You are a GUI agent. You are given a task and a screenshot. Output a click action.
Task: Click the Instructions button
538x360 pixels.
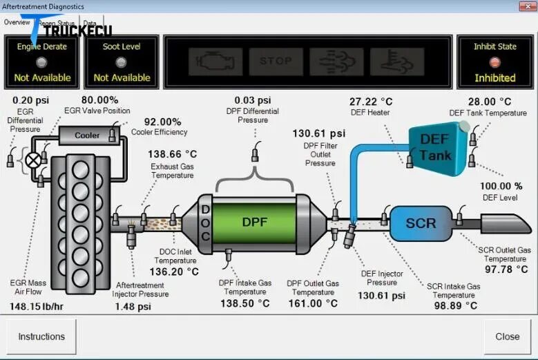41,337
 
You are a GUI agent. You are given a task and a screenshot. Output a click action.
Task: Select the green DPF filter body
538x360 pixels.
254,222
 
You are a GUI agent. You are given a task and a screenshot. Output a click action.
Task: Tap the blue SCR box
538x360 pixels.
421,223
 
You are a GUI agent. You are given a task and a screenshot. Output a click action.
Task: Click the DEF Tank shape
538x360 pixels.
435,146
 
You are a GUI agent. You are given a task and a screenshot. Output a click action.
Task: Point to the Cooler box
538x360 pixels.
87,135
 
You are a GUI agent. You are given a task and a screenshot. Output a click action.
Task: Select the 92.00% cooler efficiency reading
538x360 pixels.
162,122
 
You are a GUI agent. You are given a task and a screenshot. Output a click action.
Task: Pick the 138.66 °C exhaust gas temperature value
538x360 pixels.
173,154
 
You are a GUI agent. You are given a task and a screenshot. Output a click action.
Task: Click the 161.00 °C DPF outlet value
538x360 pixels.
313,303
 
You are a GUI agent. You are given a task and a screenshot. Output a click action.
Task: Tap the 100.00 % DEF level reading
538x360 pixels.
501,186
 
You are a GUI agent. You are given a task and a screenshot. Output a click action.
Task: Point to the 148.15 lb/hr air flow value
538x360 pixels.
37,306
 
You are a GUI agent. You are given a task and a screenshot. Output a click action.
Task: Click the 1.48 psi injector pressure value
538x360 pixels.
133,306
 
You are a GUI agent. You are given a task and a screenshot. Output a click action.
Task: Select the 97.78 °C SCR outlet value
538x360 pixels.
507,269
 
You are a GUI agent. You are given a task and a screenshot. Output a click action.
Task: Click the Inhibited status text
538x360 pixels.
494,78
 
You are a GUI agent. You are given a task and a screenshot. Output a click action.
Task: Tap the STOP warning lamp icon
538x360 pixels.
276,61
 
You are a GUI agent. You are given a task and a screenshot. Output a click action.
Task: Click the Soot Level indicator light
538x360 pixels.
121,62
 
